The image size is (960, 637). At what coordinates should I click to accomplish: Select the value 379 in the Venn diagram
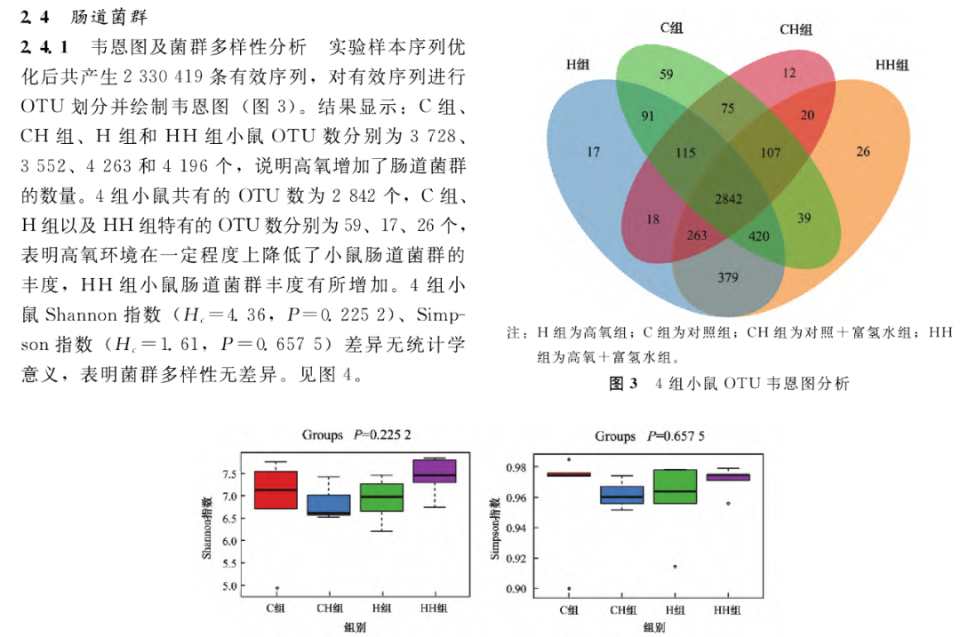tap(727, 278)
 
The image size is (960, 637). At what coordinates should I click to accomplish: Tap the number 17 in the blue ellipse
tap(593, 152)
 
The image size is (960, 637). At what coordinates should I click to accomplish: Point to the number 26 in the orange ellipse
tap(863, 152)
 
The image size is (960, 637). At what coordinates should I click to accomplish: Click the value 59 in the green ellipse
tap(667, 75)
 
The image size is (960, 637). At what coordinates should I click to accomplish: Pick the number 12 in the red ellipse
tap(788, 75)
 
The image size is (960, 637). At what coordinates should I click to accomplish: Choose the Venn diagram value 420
tap(758, 237)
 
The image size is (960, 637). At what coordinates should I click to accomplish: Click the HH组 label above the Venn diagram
tap(892, 65)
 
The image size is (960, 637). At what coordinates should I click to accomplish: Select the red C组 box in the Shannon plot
tap(276, 490)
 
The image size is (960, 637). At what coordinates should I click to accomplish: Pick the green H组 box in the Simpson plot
tap(676, 487)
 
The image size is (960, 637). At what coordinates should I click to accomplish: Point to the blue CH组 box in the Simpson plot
tap(622, 494)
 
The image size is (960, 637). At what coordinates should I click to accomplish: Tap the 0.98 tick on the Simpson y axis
tap(516, 467)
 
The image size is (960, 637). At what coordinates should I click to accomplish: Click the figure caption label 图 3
tap(623, 384)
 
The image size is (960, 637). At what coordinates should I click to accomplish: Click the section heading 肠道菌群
tap(110, 17)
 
